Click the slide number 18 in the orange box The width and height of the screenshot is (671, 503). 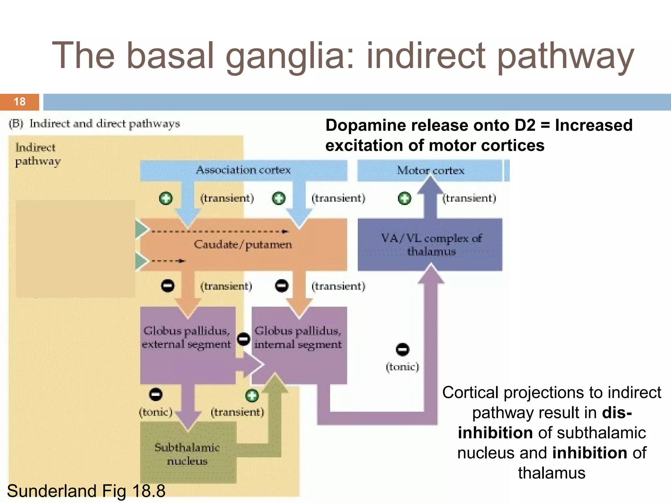[x=20, y=102]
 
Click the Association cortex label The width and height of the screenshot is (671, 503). [x=243, y=170]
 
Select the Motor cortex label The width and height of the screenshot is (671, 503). [x=430, y=170]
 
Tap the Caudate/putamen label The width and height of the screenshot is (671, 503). [x=243, y=245]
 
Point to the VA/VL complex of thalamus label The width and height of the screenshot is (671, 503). [x=431, y=245]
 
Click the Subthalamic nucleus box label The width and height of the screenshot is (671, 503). [x=187, y=454]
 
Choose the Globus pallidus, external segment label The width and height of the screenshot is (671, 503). [x=186, y=337]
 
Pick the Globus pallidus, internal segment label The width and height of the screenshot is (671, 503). [x=298, y=338]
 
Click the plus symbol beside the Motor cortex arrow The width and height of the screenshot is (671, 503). [x=404, y=198]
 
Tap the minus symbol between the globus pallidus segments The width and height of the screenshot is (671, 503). [x=243, y=339]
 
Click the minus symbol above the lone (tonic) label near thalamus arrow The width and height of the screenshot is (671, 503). [x=402, y=349]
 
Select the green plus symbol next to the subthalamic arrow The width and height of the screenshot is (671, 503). [x=252, y=396]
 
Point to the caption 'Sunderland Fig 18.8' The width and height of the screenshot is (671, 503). [x=86, y=491]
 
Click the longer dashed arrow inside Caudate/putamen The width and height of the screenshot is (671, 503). [x=220, y=232]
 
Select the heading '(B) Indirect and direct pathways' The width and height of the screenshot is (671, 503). [x=94, y=124]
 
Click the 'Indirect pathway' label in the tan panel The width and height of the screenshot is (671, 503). [x=37, y=154]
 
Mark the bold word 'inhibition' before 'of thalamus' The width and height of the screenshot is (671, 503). [x=589, y=453]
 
